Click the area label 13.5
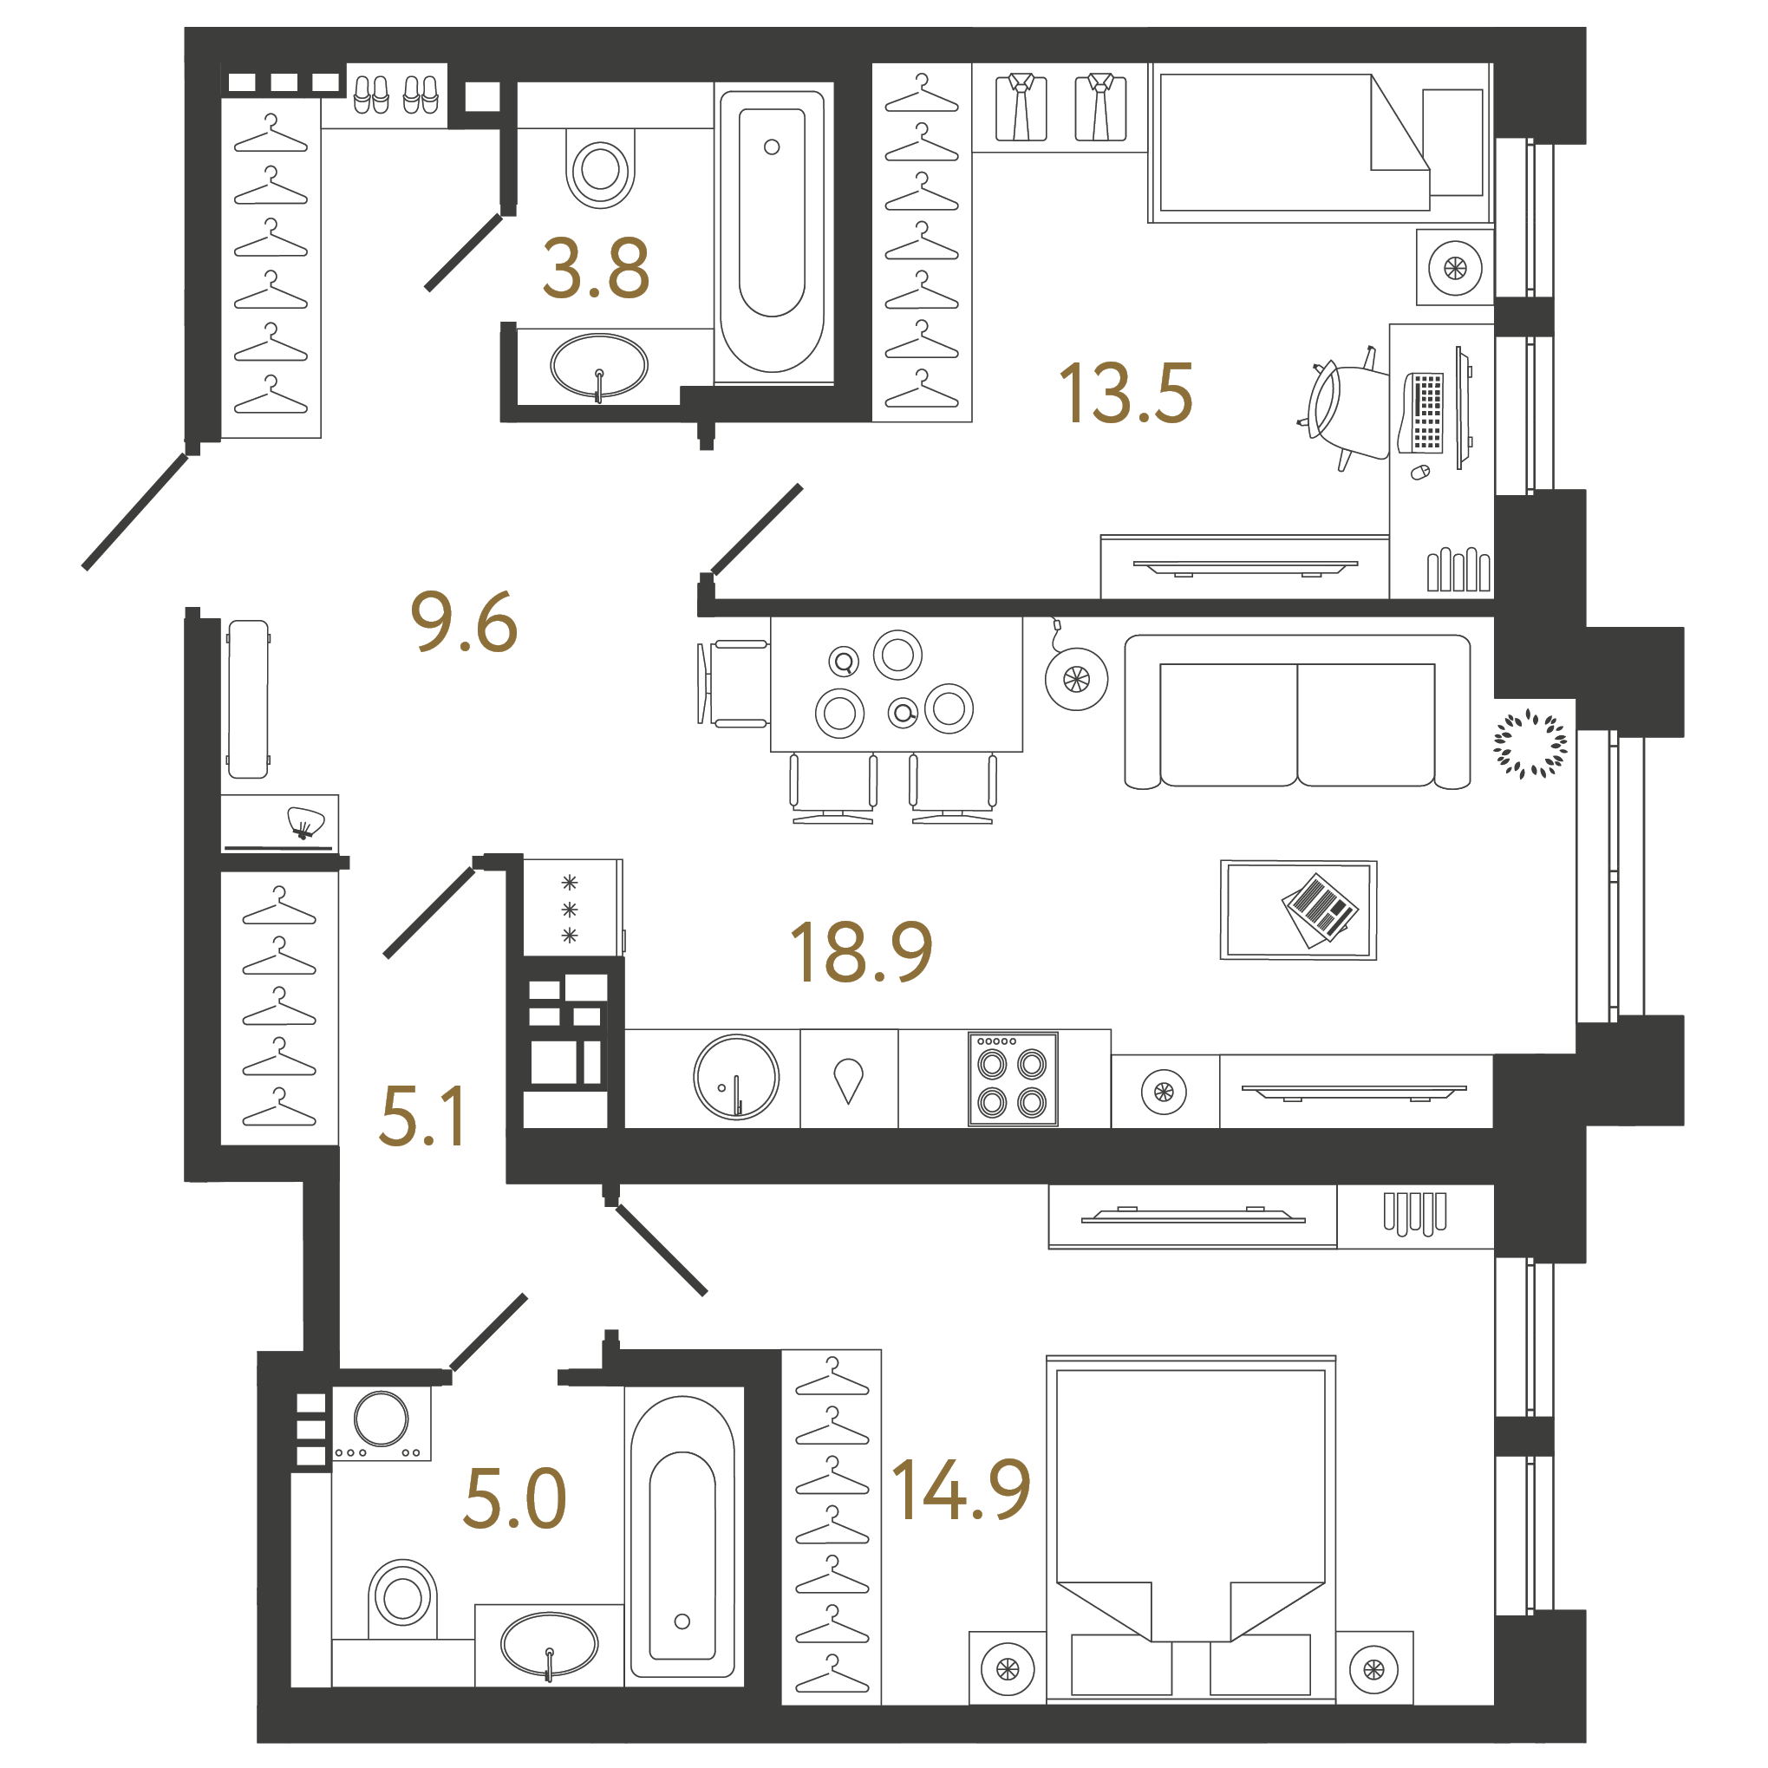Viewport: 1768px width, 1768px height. tap(1125, 394)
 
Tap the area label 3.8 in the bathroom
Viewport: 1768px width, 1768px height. tap(596, 268)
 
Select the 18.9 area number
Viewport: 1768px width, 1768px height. tap(860, 953)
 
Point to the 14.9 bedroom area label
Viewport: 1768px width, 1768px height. tap(961, 1491)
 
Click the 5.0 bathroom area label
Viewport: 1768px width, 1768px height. tap(514, 1499)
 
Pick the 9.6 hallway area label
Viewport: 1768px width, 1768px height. tap(464, 623)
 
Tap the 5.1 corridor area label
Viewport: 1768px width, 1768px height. tap(423, 1117)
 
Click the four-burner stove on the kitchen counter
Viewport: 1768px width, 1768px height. tap(1012, 1079)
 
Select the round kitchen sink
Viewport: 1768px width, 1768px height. tap(736, 1077)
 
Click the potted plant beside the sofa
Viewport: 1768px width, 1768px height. tap(1530, 744)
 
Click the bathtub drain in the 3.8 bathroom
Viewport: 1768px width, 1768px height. tap(772, 147)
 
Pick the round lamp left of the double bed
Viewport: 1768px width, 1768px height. tap(1008, 1669)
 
